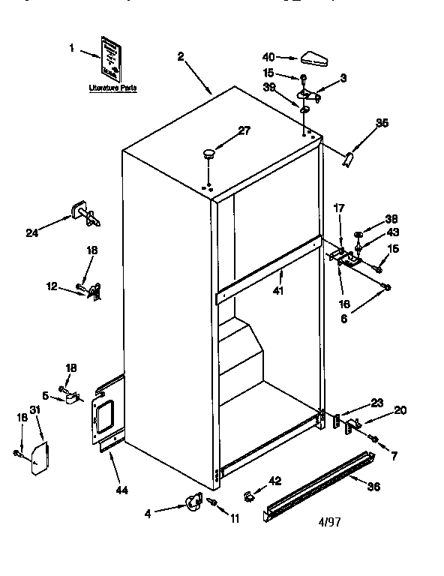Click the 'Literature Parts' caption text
(x=113, y=88)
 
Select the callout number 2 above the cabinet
(x=181, y=56)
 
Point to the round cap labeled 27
(x=208, y=155)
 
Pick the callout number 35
(x=382, y=124)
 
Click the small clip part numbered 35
(x=347, y=158)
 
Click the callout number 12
(x=52, y=286)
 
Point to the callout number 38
(x=391, y=220)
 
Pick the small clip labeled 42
(x=249, y=495)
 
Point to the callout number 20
(x=400, y=409)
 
